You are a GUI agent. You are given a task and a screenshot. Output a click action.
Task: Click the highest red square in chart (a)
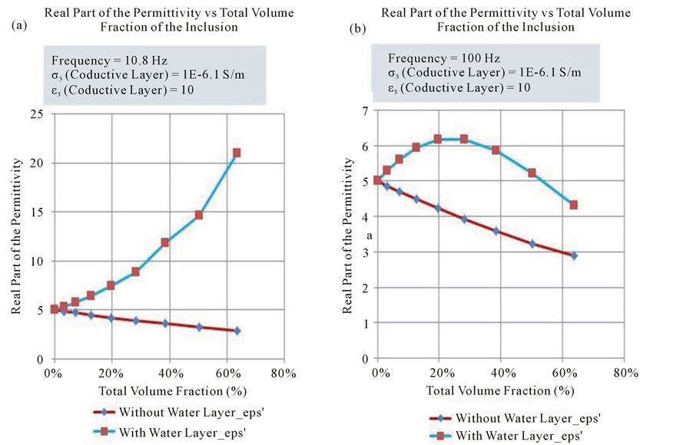click(x=237, y=153)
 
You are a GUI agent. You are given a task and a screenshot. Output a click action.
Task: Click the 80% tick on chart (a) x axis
click(x=283, y=374)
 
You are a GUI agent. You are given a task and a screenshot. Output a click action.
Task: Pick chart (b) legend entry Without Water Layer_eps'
click(x=528, y=418)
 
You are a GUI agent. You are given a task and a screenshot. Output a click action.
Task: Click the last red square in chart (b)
click(x=573, y=205)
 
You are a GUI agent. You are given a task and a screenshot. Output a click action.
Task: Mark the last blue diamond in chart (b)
click(x=573, y=255)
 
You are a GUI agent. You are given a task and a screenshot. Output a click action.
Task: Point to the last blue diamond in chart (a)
click(x=237, y=331)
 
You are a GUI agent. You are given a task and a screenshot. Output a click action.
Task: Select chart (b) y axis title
click(x=347, y=236)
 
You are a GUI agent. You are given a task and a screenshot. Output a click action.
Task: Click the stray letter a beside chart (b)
click(x=369, y=236)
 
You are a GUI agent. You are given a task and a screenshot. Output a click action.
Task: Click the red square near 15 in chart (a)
click(x=198, y=215)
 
